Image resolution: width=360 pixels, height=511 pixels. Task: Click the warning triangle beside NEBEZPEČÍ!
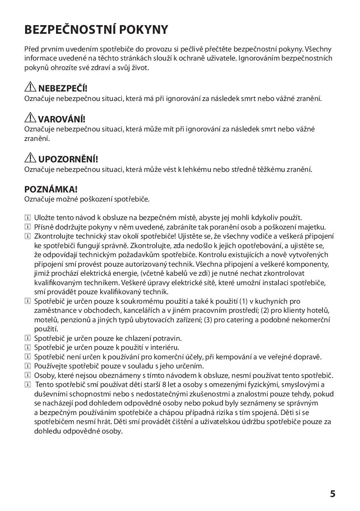click(30, 87)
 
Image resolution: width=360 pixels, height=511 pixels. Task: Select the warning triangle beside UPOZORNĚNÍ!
click(30, 158)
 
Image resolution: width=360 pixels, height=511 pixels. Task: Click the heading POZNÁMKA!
click(51, 189)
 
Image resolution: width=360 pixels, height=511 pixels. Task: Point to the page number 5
click(332, 494)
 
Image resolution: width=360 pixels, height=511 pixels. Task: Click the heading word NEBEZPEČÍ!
click(63, 88)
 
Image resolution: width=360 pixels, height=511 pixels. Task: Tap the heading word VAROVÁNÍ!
click(62, 119)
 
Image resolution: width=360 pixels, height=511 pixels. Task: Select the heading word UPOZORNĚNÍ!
click(68, 159)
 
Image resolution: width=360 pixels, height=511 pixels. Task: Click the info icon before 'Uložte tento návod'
click(28, 217)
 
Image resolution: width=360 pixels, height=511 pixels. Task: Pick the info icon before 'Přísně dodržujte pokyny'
click(28, 227)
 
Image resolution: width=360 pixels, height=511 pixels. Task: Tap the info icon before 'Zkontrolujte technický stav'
click(28, 236)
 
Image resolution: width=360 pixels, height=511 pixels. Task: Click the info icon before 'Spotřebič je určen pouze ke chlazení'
click(28, 338)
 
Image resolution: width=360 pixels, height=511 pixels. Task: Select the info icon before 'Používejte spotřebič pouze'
click(28, 366)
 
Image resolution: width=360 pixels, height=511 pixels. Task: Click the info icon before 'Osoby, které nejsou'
click(28, 375)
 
